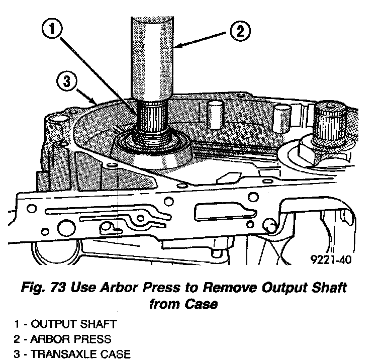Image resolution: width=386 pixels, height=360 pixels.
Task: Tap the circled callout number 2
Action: pos(239,32)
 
